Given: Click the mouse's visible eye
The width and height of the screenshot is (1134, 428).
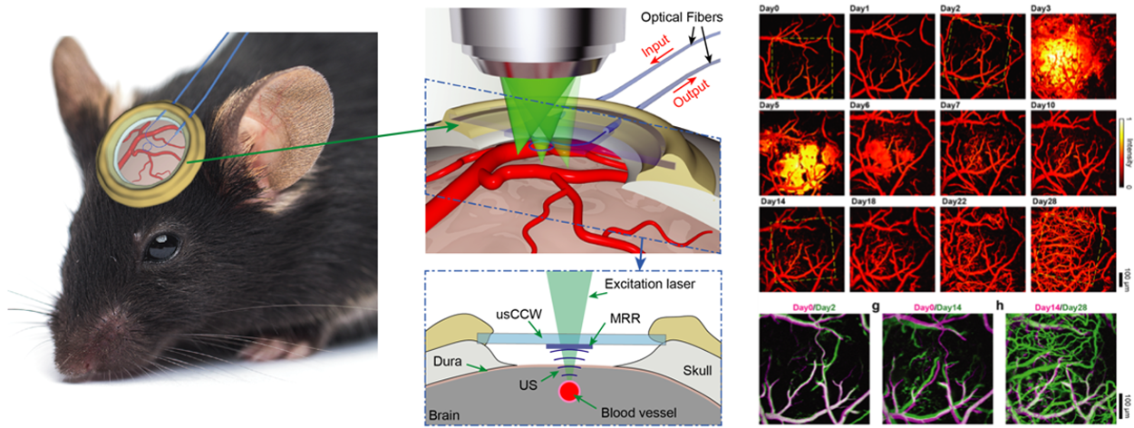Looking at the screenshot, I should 163,246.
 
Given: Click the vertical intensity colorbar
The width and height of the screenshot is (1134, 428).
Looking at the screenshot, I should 1122,149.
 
